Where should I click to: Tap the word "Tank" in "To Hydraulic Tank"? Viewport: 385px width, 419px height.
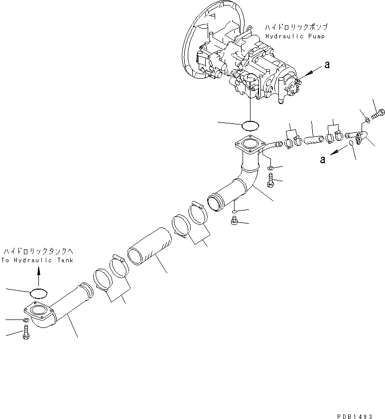point(64,260)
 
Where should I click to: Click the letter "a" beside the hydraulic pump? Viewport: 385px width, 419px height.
point(327,64)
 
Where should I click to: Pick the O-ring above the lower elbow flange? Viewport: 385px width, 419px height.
point(39,292)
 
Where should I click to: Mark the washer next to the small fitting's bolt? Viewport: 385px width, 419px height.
point(366,119)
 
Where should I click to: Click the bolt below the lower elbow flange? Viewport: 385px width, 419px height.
point(25,333)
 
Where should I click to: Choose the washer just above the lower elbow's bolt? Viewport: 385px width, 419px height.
point(25,320)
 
